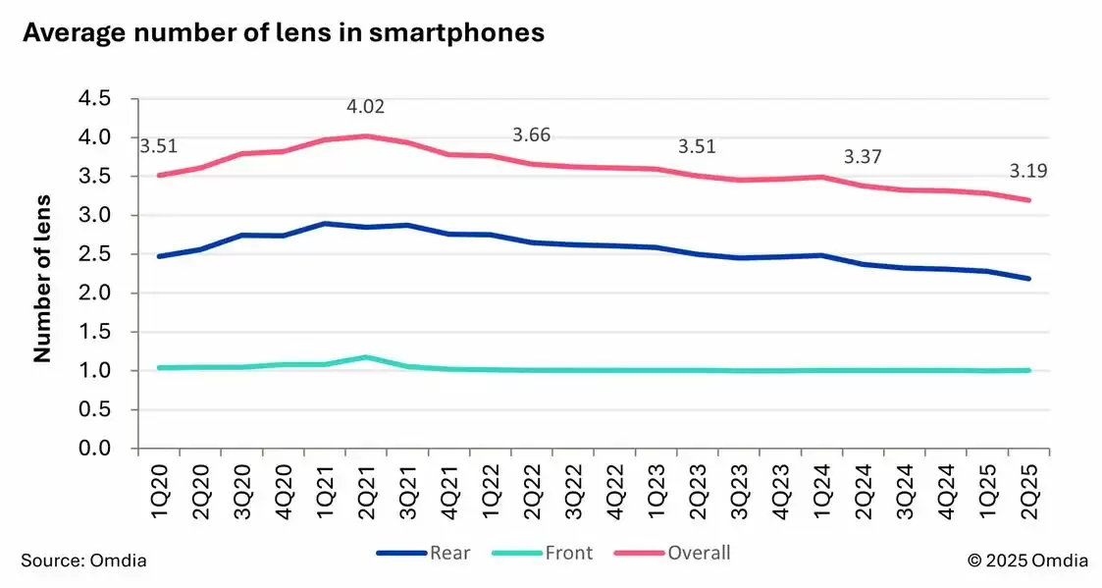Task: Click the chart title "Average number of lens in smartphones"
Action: (283, 33)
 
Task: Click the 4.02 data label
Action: (366, 105)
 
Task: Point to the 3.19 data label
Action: (1028, 172)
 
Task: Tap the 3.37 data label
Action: (865, 157)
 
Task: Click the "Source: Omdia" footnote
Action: (83, 561)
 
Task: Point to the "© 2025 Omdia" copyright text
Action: (1027, 561)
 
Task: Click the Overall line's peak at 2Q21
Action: (367, 135)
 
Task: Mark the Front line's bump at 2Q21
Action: (367, 357)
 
